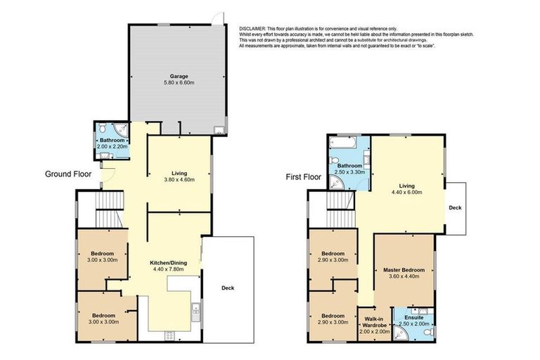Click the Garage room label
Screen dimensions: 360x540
pos(176,76)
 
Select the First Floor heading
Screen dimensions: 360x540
pos(303,177)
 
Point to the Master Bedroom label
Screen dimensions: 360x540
pos(404,269)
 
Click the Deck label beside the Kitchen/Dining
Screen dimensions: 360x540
pos(227,288)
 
